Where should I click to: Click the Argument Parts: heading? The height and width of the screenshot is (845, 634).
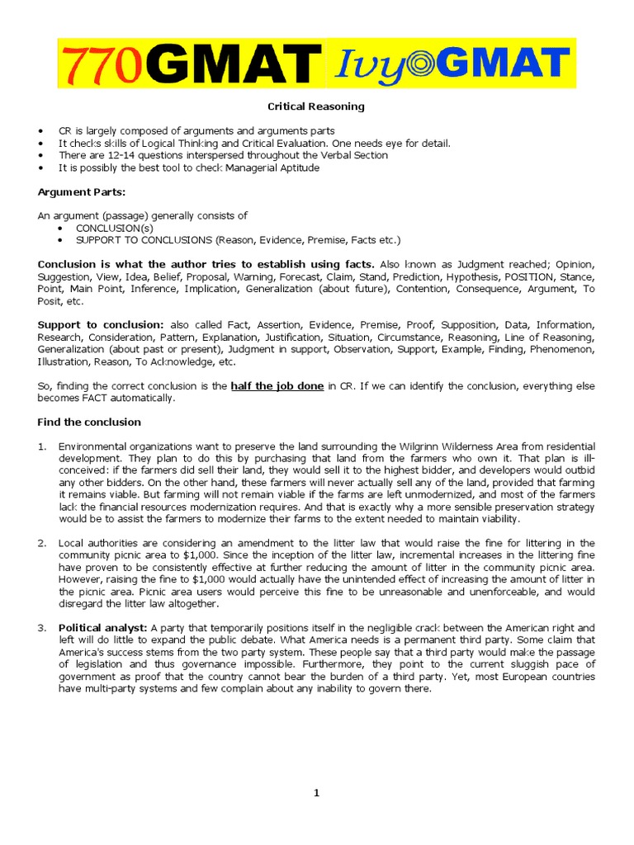[x=75, y=191]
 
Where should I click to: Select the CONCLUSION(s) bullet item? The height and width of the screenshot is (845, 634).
[x=114, y=228]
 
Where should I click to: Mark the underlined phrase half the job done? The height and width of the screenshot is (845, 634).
[x=277, y=386]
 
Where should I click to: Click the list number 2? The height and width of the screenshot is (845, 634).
[x=41, y=542]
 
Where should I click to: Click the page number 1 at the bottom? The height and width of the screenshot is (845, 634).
[x=316, y=793]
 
